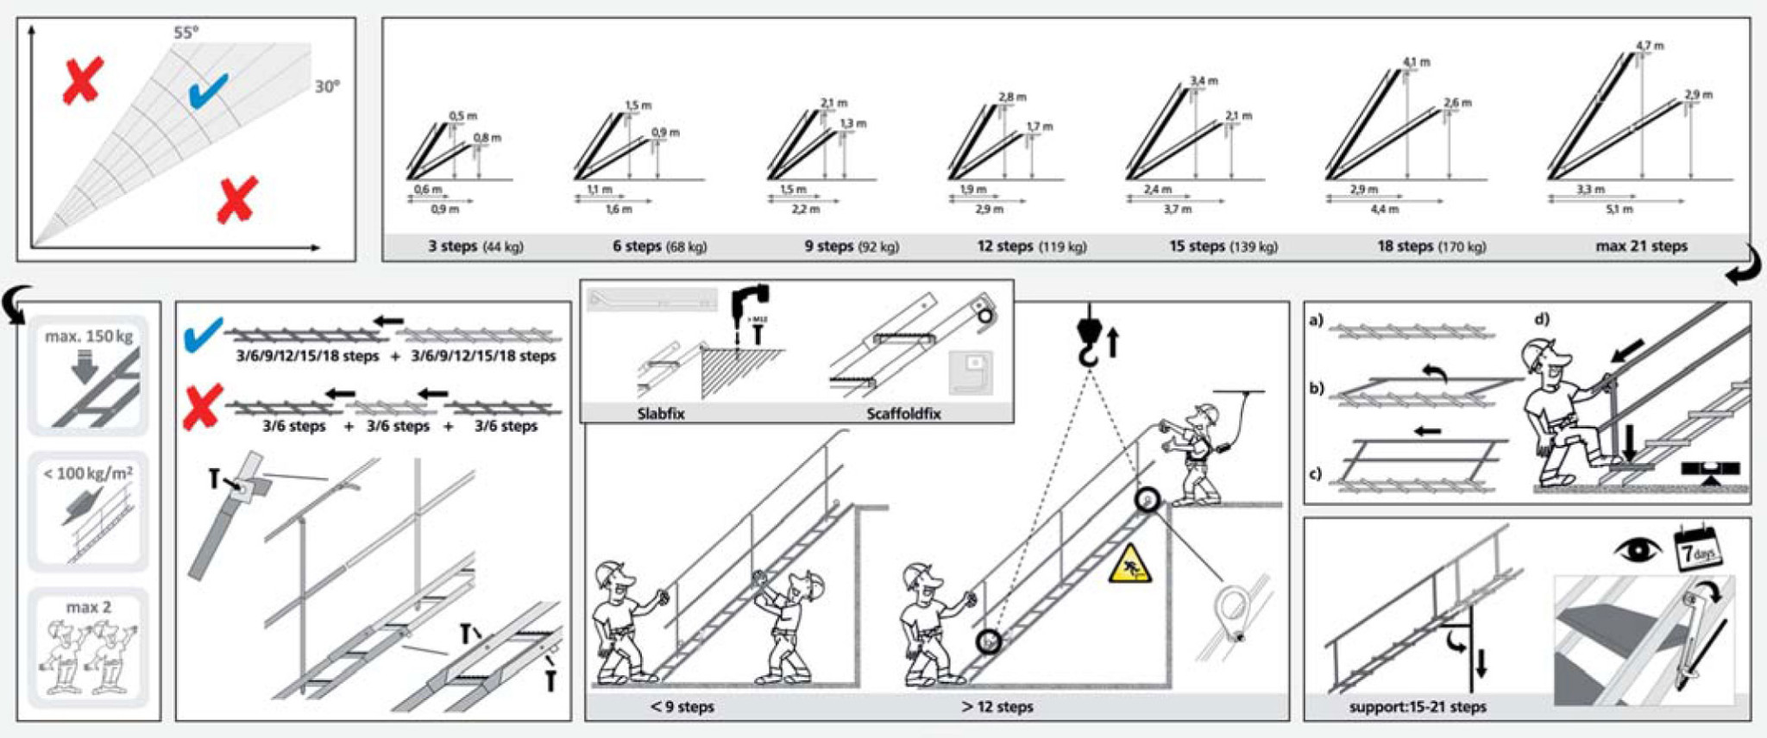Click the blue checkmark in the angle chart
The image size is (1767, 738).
207,91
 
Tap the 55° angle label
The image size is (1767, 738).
186,33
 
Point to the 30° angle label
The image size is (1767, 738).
327,86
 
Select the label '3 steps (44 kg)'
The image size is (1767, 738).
475,247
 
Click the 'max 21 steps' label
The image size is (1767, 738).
1641,247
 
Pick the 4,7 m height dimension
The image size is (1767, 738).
1650,46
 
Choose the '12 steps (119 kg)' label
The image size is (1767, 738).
1031,247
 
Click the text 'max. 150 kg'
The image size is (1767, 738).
89,336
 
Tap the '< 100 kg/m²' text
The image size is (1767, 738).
88,473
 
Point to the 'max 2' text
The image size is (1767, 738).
89,607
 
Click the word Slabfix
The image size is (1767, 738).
661,414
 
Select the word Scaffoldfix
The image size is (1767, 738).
903,414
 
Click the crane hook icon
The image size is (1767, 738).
1090,338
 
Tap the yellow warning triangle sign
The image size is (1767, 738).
1130,566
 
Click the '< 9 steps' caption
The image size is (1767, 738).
682,707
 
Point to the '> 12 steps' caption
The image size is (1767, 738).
997,707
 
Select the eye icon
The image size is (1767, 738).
1638,550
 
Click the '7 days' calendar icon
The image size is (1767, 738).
1697,549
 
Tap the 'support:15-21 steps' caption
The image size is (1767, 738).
1418,707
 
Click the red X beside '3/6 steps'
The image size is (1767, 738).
203,407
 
